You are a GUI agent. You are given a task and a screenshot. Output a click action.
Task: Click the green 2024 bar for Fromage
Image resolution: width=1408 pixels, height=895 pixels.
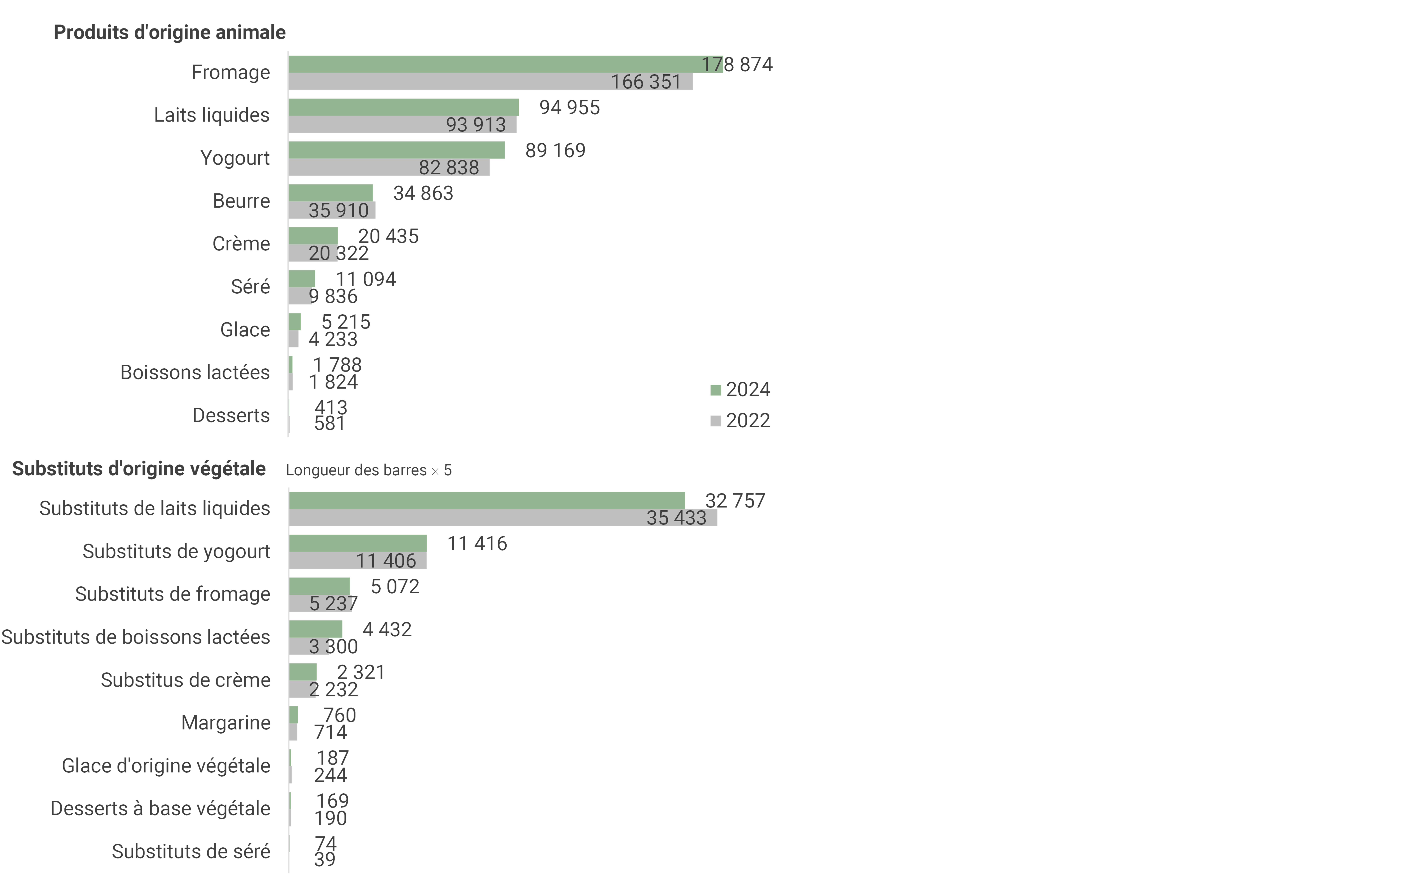tap(506, 64)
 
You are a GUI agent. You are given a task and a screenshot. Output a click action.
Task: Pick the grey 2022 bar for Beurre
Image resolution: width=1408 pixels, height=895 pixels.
tap(332, 210)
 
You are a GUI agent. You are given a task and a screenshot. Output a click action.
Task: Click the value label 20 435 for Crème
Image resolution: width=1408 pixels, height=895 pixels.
tap(388, 236)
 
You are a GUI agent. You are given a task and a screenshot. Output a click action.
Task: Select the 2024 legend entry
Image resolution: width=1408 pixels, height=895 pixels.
tap(740, 390)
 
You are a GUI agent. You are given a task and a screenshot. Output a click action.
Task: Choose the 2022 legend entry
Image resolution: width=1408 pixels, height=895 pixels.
tap(740, 421)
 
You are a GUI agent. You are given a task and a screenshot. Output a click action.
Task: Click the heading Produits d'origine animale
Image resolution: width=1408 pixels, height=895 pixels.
tap(170, 32)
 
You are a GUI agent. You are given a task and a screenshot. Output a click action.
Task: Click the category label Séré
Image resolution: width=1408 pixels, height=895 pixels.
tap(250, 287)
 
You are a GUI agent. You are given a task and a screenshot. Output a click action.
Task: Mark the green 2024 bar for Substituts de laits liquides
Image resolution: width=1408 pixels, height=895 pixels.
tap(487, 501)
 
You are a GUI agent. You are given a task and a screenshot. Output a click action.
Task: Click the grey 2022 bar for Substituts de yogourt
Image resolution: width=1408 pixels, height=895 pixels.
tap(358, 560)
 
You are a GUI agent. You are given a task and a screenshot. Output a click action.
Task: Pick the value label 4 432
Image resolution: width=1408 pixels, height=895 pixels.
tap(387, 629)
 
